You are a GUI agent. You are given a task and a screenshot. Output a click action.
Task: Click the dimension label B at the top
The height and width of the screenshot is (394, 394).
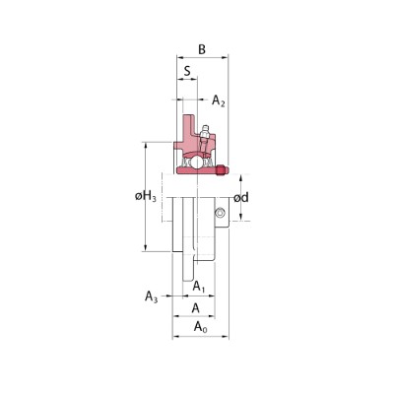pyautogui.click(x=202, y=49)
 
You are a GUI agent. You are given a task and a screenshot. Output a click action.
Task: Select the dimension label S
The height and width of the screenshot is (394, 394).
pyautogui.click(x=187, y=71)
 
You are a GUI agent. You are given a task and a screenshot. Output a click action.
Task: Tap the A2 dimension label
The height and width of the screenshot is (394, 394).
pyautogui.click(x=219, y=100)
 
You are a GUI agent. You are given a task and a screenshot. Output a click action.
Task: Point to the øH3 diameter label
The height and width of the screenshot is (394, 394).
pyautogui.click(x=146, y=197)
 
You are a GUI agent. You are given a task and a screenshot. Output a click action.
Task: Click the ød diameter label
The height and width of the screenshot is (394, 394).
pyautogui.click(x=241, y=198)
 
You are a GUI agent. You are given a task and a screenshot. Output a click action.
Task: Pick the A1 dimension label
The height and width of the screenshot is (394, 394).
pyautogui.click(x=199, y=287)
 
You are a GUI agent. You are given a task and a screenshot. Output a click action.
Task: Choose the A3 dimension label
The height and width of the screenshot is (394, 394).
pyautogui.click(x=152, y=296)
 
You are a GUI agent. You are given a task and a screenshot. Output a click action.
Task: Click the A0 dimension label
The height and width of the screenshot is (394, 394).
pyautogui.click(x=201, y=327)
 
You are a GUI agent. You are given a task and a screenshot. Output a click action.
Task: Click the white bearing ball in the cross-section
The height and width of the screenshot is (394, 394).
pyautogui.click(x=197, y=162)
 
